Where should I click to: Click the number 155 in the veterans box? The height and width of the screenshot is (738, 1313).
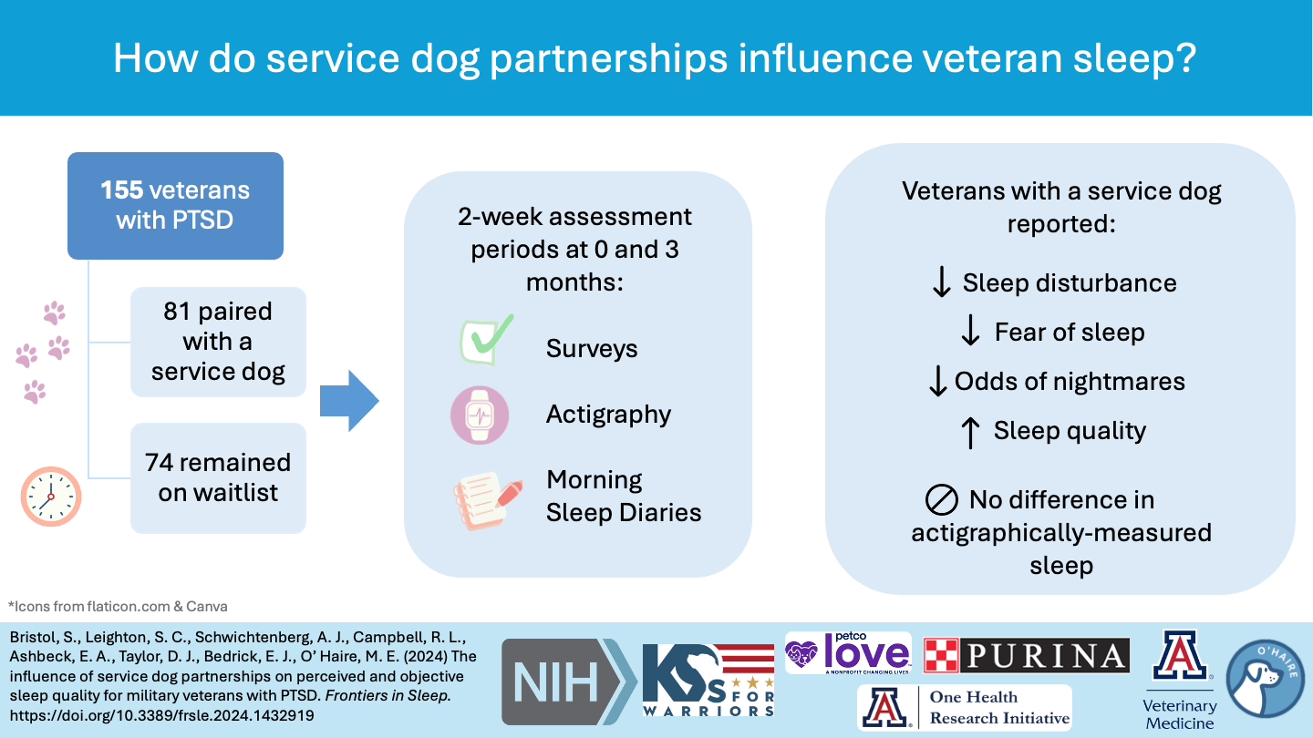click(x=122, y=190)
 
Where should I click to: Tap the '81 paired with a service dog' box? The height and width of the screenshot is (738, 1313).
click(x=218, y=342)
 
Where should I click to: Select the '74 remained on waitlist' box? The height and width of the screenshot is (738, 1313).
click(x=218, y=477)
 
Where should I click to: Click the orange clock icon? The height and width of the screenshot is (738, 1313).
click(x=51, y=497)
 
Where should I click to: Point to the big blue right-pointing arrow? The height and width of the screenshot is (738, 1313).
click(x=349, y=400)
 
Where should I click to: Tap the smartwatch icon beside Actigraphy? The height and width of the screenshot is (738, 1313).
click(x=480, y=415)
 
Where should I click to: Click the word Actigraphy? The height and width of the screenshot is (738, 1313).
click(x=608, y=415)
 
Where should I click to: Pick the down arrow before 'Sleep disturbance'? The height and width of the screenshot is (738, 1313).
click(x=942, y=282)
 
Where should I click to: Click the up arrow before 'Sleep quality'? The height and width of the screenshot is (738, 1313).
click(x=971, y=431)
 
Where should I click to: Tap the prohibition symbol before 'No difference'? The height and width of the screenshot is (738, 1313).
click(x=942, y=500)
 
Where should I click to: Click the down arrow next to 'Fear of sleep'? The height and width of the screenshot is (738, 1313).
click(x=971, y=332)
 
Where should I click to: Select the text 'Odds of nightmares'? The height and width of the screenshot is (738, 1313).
click(x=1070, y=381)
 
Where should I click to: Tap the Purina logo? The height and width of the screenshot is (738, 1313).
click(x=1027, y=655)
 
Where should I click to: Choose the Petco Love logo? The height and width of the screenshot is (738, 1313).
click(x=848, y=653)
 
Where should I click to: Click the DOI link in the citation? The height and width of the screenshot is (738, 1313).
click(x=160, y=715)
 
